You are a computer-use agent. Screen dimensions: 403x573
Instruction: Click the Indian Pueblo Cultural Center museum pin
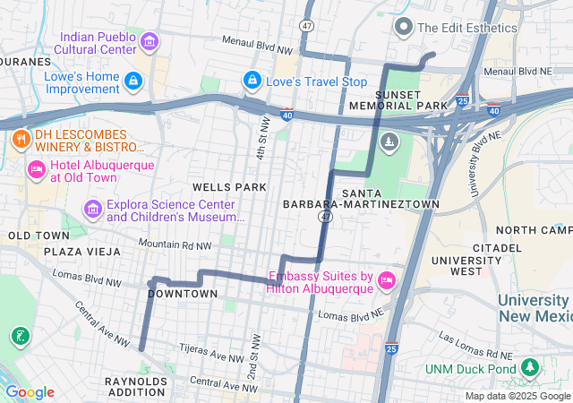coord(149,41)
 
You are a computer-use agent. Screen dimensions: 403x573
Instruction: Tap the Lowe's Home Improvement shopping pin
coord(133,81)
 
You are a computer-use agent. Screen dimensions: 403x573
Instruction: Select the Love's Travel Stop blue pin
coord(252,81)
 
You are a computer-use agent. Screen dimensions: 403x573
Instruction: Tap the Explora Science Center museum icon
coord(92,210)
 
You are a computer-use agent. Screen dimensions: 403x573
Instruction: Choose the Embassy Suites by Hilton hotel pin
coord(387,281)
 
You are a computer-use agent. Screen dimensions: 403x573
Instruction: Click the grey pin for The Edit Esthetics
coord(404,27)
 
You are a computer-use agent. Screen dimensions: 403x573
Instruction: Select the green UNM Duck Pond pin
coord(531,368)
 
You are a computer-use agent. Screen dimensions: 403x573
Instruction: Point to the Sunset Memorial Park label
coord(410,99)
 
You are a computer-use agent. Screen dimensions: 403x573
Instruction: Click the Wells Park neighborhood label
coord(229,187)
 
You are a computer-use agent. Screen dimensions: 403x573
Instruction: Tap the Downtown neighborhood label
coord(182,294)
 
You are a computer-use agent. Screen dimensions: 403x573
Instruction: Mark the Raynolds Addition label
coord(136,387)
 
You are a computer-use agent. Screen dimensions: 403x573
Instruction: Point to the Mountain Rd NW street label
coord(175,244)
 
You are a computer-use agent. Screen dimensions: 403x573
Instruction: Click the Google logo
coord(30,391)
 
